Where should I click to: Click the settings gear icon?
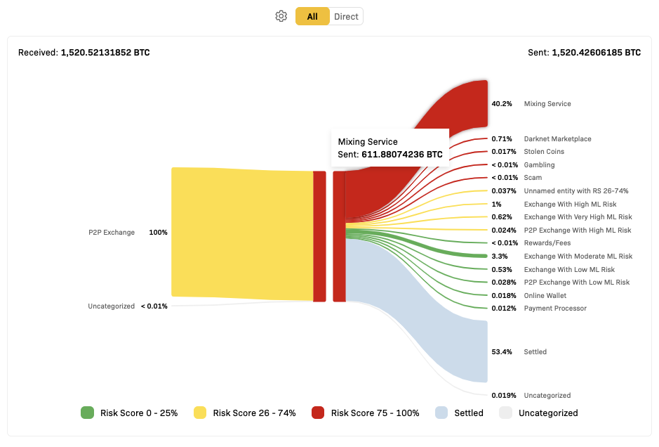pos(281,16)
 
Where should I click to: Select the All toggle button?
pos(312,16)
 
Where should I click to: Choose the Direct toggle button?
pos(346,16)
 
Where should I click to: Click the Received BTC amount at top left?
pos(105,53)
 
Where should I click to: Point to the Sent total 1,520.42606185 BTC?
pos(596,53)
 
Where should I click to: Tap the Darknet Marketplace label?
pos(557,139)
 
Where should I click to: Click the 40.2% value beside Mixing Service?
pos(501,104)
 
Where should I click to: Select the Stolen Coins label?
pos(544,152)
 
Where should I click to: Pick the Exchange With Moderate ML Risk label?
pos(578,257)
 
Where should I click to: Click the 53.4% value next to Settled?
pos(501,352)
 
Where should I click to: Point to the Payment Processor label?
pos(555,309)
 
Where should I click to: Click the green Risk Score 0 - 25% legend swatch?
pos(88,413)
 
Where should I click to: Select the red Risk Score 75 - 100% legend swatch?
pos(318,413)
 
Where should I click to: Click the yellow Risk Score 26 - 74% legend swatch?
pos(200,413)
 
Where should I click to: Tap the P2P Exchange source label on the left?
pos(112,233)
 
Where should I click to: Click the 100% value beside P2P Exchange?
pos(158,233)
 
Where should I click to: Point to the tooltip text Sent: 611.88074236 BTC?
pos(390,155)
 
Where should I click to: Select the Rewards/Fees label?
pos(547,243)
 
